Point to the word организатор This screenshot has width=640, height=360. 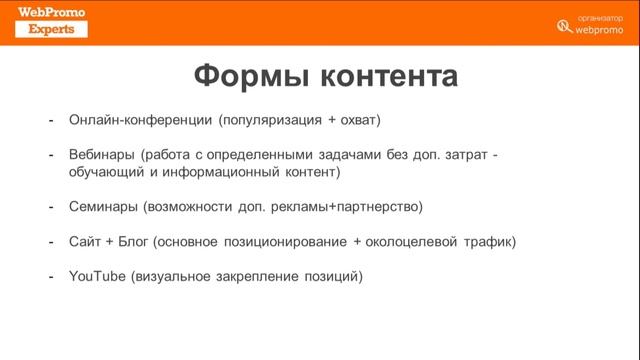(603, 17)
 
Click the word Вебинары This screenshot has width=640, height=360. (102, 155)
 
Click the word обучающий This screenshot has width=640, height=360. (106, 172)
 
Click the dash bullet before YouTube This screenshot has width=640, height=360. (51, 275)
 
